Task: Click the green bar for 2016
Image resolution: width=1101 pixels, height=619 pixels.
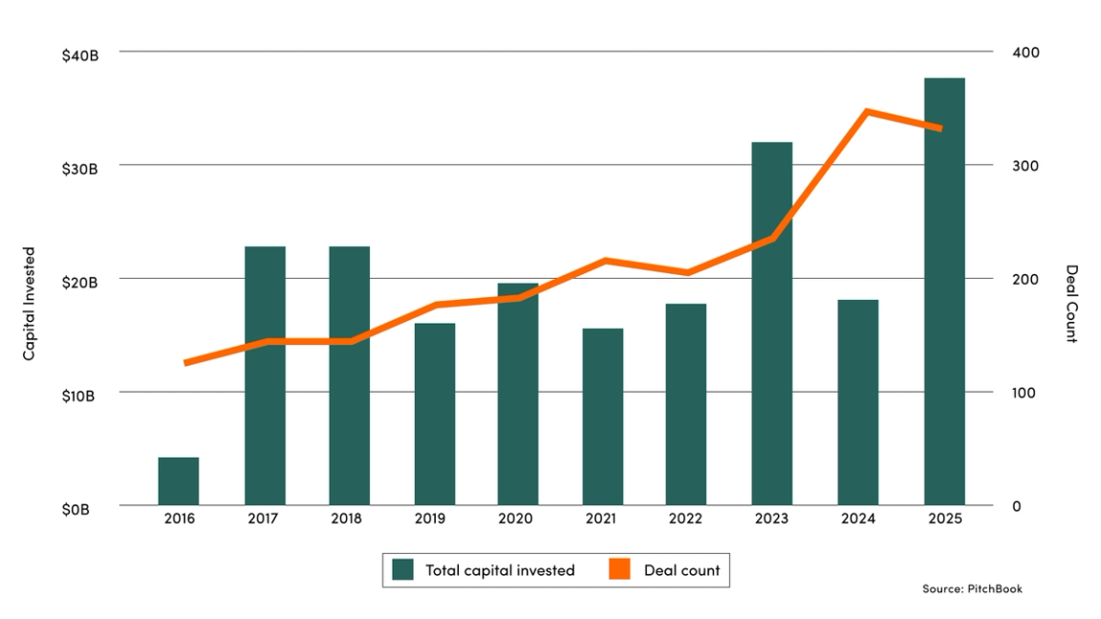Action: pos(179,481)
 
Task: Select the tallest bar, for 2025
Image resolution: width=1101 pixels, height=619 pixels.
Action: pos(944,291)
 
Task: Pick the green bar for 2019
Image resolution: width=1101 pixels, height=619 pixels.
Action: pos(435,415)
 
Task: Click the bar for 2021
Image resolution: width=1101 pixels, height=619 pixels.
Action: pos(603,416)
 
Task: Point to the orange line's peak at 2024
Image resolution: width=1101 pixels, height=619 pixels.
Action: pos(866,112)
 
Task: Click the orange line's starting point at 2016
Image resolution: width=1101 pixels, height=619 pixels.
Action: pos(185,363)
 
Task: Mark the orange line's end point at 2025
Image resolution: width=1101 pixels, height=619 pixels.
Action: pos(940,128)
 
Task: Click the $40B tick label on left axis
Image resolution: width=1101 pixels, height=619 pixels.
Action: pos(80,55)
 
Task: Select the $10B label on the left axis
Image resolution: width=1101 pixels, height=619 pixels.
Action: pos(80,396)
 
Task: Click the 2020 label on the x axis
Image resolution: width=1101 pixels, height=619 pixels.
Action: pos(517,519)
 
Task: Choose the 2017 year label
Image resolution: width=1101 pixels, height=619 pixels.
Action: pos(264,519)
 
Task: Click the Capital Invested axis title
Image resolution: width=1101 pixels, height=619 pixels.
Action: pos(30,304)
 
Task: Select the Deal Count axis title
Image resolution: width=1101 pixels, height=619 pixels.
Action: pos(1071,304)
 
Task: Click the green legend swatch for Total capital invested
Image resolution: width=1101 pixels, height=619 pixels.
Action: pos(403,570)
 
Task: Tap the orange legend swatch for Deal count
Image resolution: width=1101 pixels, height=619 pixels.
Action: pos(621,570)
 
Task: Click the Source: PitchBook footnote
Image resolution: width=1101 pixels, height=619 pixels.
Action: pos(972,588)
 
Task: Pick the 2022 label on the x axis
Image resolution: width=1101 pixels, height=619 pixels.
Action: pos(686,519)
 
